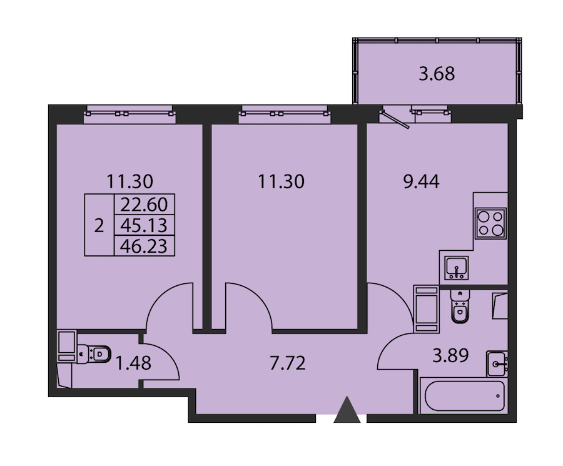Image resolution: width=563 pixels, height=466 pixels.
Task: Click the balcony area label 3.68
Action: pyautogui.click(x=437, y=74)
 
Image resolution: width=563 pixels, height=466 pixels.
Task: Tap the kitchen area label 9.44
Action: pyautogui.click(x=421, y=181)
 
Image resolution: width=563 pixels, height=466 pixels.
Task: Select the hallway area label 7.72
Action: pyautogui.click(x=288, y=363)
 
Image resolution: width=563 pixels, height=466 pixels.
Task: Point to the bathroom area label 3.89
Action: pyautogui.click(x=450, y=356)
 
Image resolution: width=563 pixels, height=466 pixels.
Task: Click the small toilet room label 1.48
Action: pyautogui.click(x=133, y=363)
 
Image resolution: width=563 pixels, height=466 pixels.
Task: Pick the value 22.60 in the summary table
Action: pyautogui.click(x=144, y=205)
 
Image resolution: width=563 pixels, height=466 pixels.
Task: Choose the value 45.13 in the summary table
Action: pyautogui.click(x=144, y=225)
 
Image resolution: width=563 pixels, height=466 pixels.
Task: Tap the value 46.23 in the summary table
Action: pyautogui.click(x=144, y=246)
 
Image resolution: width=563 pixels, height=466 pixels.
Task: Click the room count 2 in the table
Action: pyautogui.click(x=99, y=226)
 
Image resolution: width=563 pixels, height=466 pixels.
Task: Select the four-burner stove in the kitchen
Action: pyautogui.click(x=490, y=223)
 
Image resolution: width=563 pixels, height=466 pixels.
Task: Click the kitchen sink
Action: pyautogui.click(x=456, y=268)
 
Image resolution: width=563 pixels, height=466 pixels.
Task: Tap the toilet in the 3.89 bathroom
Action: pyautogui.click(x=459, y=306)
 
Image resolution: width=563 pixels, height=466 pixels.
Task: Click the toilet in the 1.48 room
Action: pyautogui.click(x=94, y=353)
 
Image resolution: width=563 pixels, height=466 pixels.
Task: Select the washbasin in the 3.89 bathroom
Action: pyautogui.click(x=497, y=363)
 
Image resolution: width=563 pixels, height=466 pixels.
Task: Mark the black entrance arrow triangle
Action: pyautogui.click(x=347, y=410)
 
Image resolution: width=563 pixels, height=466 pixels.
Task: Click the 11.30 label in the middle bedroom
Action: pyautogui.click(x=281, y=181)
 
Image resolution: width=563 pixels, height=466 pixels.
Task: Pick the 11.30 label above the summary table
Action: pyautogui.click(x=129, y=181)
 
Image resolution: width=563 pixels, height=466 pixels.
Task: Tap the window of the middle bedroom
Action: pyautogui.click(x=285, y=114)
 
